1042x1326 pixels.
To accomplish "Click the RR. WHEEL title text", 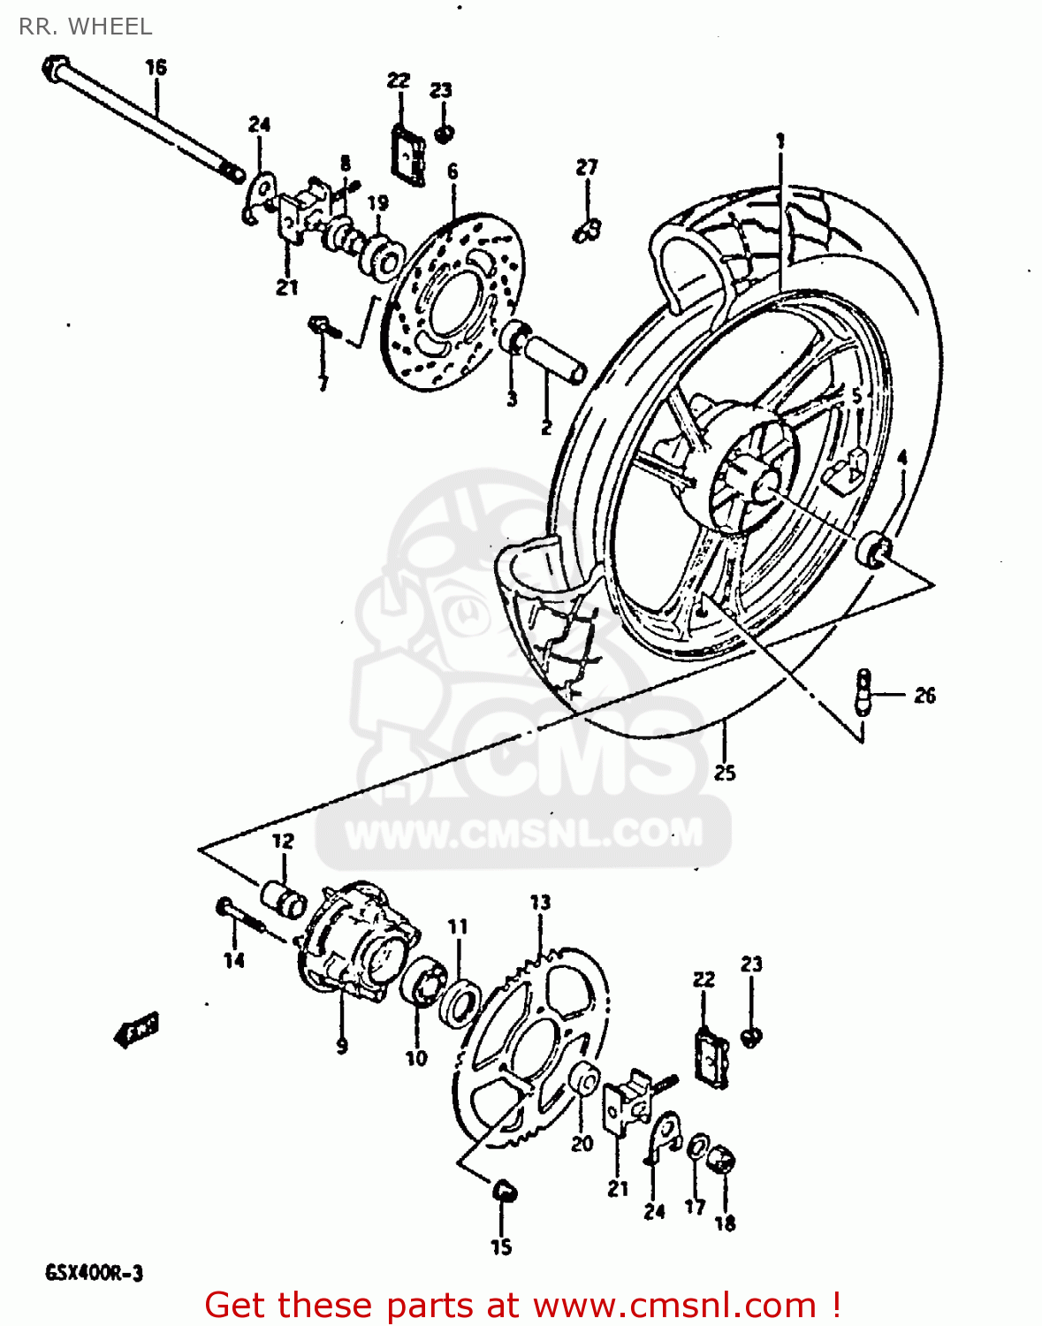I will pyautogui.click(x=85, y=27).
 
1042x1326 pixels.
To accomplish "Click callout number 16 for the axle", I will pyautogui.click(x=156, y=67).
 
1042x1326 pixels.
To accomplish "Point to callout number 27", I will pyautogui.click(x=587, y=166).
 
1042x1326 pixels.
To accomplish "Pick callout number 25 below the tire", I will pyautogui.click(x=725, y=773).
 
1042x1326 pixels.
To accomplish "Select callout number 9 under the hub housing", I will pyautogui.click(x=342, y=1046).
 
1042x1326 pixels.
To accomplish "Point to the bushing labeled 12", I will pyautogui.click(x=283, y=899).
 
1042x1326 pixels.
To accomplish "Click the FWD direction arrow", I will pyautogui.click(x=137, y=1030).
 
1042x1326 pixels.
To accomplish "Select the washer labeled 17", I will pyautogui.click(x=696, y=1147).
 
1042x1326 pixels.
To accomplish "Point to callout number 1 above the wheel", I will pyautogui.click(x=780, y=140).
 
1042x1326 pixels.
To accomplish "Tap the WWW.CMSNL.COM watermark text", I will pyautogui.click(x=523, y=833).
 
